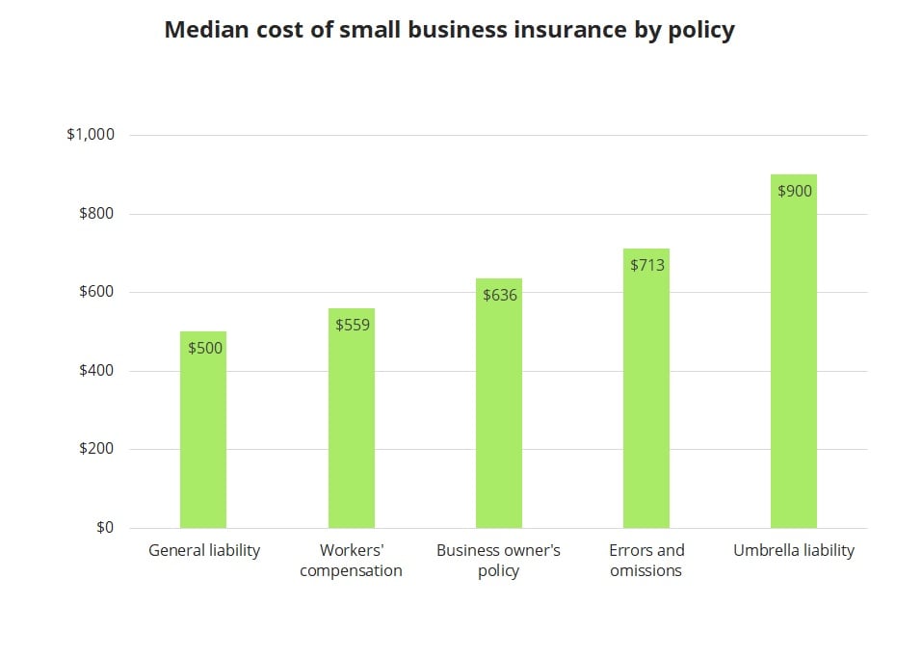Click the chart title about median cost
(x=449, y=31)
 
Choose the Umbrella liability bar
(x=794, y=366)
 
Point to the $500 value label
(x=205, y=348)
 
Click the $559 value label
(x=353, y=325)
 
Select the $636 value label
(x=500, y=295)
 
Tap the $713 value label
(x=647, y=265)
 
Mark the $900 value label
(x=795, y=191)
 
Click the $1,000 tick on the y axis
(x=91, y=135)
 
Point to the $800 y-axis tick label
(x=96, y=214)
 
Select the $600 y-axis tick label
(x=96, y=292)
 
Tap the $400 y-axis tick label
(x=96, y=371)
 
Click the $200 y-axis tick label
(x=96, y=449)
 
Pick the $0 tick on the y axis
(x=104, y=528)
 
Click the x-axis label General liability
(x=204, y=551)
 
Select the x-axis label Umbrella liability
(x=794, y=551)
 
